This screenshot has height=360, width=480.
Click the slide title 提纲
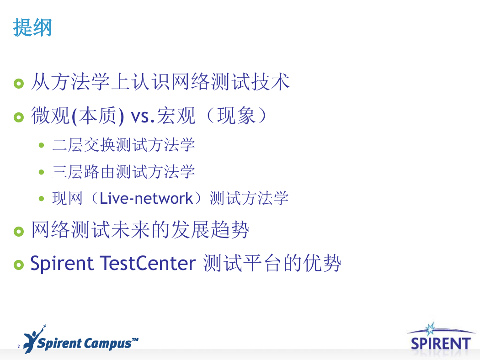click(x=32, y=27)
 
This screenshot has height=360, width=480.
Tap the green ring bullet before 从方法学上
click(x=19, y=84)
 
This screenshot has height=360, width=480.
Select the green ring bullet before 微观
click(x=19, y=117)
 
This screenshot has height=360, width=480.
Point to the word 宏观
click(x=176, y=116)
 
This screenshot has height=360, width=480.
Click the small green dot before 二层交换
click(x=42, y=145)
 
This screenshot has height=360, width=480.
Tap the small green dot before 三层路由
click(x=42, y=172)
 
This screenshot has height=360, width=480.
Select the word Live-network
click(x=146, y=199)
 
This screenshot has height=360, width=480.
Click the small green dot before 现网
click(x=42, y=199)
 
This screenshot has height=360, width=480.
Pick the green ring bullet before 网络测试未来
click(x=19, y=232)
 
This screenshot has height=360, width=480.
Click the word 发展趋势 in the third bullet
click(x=210, y=230)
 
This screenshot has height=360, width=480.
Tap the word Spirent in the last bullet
click(x=62, y=264)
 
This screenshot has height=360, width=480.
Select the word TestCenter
click(x=148, y=263)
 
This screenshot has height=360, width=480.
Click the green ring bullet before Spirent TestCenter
click(x=19, y=265)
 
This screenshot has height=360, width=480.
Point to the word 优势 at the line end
click(x=322, y=263)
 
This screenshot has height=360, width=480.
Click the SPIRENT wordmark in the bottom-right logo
click(x=441, y=344)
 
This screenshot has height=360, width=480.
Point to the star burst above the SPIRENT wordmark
click(x=431, y=329)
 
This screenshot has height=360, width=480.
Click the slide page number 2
click(x=19, y=347)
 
